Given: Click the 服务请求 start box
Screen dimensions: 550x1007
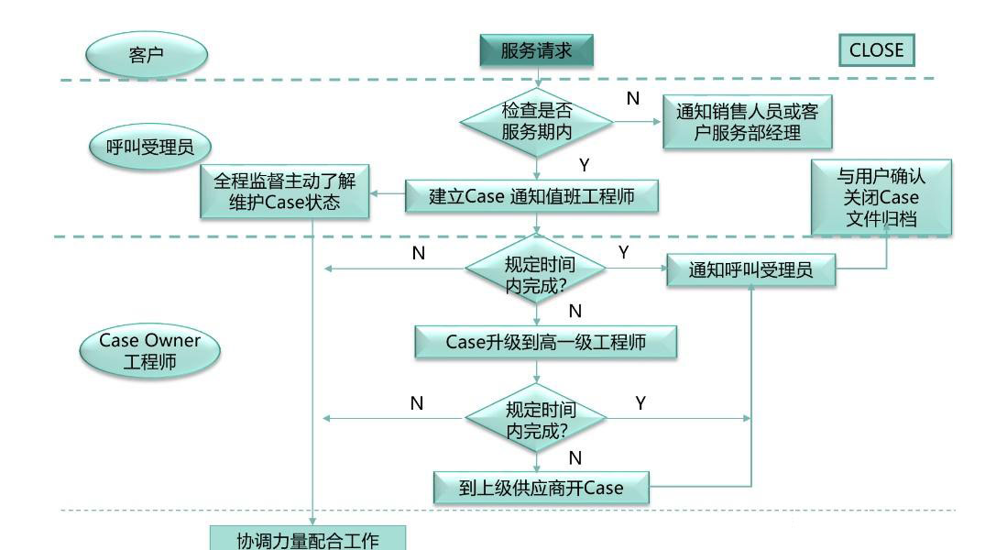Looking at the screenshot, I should click(536, 50).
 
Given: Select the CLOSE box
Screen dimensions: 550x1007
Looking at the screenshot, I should click(876, 50).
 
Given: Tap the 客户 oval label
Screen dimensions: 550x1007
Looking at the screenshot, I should click(147, 55).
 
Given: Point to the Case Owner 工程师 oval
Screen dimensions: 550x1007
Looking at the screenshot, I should click(148, 352).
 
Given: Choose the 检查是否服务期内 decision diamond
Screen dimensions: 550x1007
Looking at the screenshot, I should click(537, 120).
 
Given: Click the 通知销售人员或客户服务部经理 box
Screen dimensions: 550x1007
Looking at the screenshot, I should click(747, 122).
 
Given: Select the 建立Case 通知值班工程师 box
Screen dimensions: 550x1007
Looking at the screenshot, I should click(531, 195).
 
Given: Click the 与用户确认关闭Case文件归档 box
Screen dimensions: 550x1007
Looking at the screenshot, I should click(880, 196).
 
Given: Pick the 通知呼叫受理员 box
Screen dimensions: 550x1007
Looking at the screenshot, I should click(750, 269).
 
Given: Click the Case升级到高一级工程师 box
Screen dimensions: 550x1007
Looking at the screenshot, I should click(545, 342).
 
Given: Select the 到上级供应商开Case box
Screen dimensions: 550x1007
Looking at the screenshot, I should click(541, 488).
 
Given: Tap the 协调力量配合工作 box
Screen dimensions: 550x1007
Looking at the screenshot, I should click(307, 540).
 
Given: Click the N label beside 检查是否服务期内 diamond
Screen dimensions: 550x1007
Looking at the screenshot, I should click(632, 99).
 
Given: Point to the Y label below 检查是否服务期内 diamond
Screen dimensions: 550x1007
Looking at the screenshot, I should click(585, 165).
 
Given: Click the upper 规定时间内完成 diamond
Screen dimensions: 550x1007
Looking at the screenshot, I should click(536, 269).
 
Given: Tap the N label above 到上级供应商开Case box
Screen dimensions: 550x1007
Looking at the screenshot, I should click(575, 456).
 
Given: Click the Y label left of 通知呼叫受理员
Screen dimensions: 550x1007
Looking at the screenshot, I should click(624, 252).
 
